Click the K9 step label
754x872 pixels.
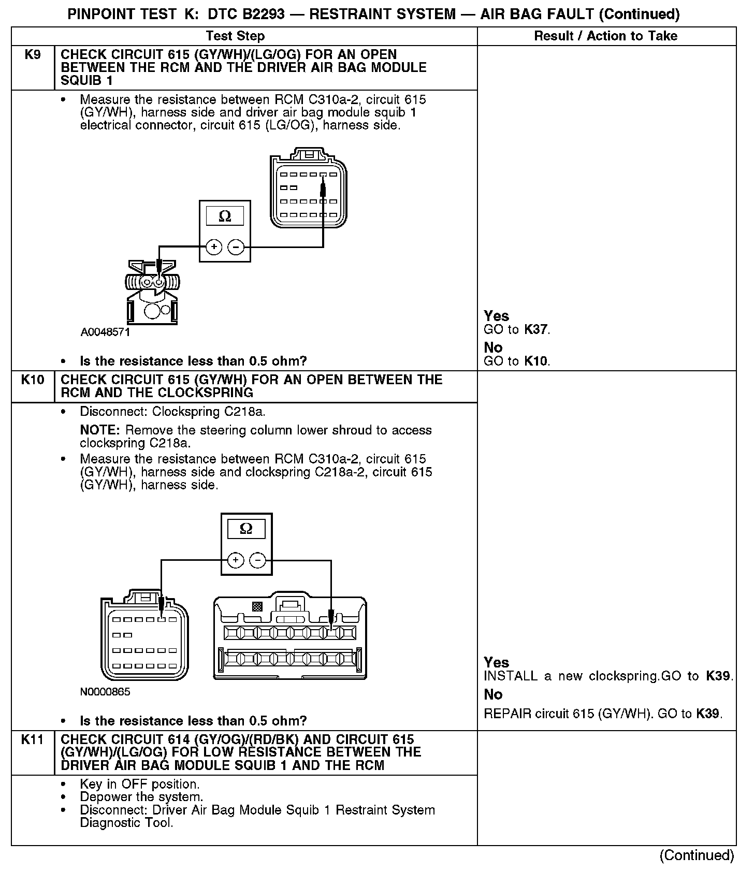(x=33, y=55)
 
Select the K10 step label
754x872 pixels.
(x=33, y=380)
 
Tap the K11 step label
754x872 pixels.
(x=33, y=740)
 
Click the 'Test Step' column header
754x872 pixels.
(x=235, y=36)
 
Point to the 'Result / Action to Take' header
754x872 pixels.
(x=605, y=36)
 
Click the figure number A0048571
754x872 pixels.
(x=105, y=332)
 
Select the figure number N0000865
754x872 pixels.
(x=105, y=692)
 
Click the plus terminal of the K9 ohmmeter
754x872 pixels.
(x=214, y=248)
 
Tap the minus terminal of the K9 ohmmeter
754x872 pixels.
(x=236, y=248)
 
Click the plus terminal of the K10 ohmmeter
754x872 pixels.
(x=236, y=560)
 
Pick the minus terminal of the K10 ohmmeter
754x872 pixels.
(x=258, y=560)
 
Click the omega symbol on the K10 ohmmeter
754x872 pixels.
(x=247, y=529)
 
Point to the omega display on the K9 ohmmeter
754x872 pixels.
(x=225, y=216)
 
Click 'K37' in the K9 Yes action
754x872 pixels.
(x=536, y=330)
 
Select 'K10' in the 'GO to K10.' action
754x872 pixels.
(x=536, y=361)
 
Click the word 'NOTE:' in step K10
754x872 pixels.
(x=101, y=430)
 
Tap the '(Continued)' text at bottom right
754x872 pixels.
(x=697, y=855)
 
